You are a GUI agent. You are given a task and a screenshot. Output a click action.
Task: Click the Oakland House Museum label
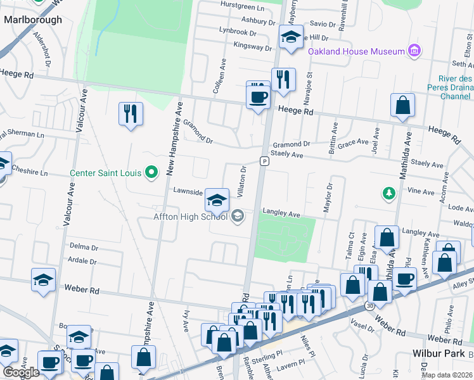click(356, 51)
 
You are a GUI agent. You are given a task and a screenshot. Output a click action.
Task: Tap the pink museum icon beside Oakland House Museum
click(414, 51)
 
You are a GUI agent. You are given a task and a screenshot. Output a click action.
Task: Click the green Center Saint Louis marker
click(151, 172)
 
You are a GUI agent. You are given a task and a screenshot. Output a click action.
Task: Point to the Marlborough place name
click(33, 20)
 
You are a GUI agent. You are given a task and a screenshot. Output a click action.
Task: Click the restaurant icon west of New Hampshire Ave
click(131, 114)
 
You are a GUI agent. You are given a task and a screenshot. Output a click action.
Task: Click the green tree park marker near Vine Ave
click(388, 192)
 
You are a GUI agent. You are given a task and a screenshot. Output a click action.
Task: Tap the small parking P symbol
click(263, 161)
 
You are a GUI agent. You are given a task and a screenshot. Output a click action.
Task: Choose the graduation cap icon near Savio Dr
click(291, 37)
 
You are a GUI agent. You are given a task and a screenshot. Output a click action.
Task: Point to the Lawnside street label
click(188, 192)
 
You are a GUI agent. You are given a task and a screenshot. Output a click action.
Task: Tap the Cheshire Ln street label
click(30, 172)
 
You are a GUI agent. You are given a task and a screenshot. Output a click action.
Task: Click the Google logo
click(21, 372)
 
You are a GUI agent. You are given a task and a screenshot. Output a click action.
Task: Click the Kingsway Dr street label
click(252, 46)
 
